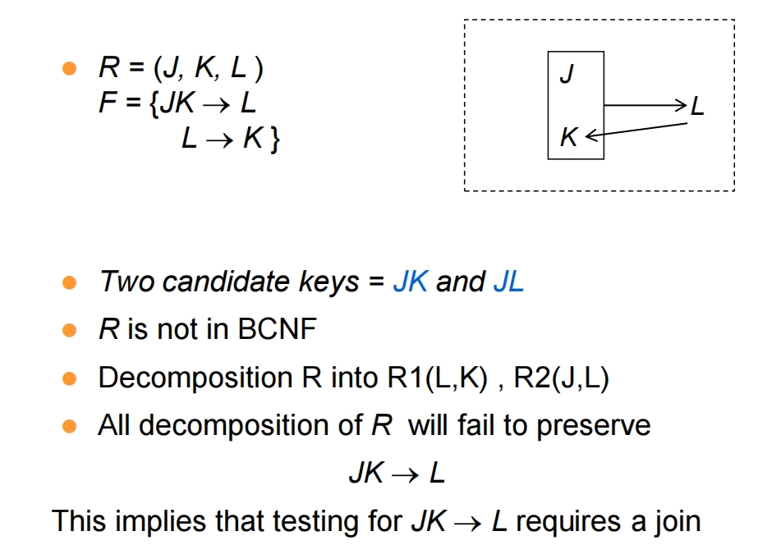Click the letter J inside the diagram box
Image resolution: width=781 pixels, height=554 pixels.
(567, 74)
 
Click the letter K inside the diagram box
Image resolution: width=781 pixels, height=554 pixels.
(568, 137)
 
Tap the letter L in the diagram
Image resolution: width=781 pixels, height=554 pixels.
(698, 107)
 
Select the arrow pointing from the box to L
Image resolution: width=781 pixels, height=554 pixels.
(645, 105)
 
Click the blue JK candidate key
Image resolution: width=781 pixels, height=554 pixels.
(411, 282)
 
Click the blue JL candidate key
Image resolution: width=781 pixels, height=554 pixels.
(508, 282)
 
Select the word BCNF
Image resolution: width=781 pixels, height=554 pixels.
(278, 329)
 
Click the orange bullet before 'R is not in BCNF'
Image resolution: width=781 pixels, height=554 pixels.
(70, 330)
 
